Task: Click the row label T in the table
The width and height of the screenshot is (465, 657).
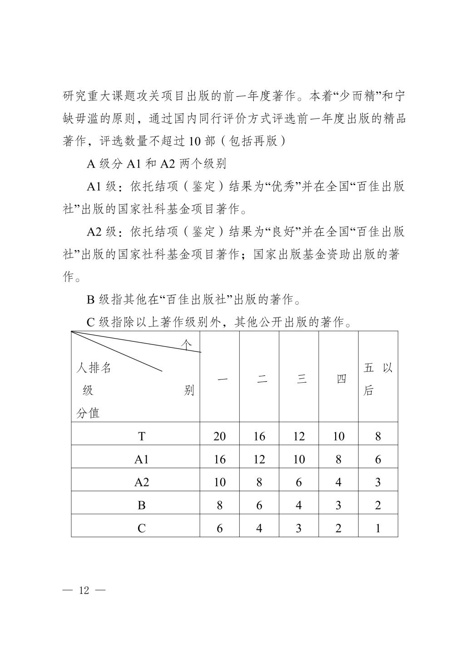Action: click(x=142, y=436)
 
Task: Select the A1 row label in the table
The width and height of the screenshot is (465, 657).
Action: click(x=142, y=459)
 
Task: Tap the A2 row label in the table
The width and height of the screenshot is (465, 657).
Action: click(x=142, y=482)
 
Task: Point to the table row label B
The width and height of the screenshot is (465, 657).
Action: click(x=142, y=505)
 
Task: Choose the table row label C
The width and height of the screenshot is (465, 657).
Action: click(x=142, y=528)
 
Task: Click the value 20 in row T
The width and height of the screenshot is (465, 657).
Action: click(x=220, y=436)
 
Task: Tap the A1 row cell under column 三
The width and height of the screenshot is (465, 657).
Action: click(x=299, y=459)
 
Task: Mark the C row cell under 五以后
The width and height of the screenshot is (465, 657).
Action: click(x=378, y=528)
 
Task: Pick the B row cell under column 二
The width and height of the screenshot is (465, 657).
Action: click(x=259, y=505)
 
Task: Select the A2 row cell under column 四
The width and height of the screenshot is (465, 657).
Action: click(x=338, y=482)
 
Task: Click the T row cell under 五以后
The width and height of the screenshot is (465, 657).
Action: click(x=378, y=436)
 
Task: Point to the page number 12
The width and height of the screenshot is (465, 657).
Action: click(x=84, y=590)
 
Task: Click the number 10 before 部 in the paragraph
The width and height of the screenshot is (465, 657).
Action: click(x=195, y=141)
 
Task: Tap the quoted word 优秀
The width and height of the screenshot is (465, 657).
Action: click(x=284, y=187)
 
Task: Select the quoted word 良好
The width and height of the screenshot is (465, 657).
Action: click(x=284, y=232)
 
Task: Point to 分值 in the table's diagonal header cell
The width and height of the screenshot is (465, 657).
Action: click(x=88, y=413)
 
